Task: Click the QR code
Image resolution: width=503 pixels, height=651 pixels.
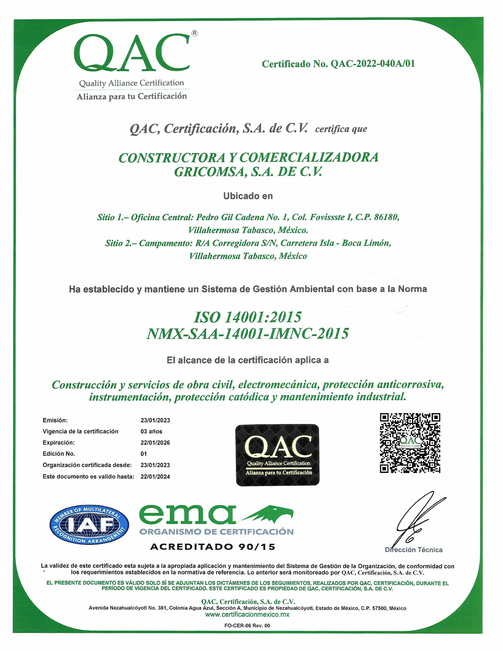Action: (x=410, y=443)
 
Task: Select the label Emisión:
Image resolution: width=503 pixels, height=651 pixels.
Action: (x=55, y=420)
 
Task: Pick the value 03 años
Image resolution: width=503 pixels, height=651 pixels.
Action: (x=151, y=431)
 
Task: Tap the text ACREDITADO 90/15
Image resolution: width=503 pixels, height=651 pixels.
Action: (x=213, y=547)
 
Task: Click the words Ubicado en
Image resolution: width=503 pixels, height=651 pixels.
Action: (x=248, y=196)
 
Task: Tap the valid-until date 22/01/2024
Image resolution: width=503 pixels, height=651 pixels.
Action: (x=155, y=477)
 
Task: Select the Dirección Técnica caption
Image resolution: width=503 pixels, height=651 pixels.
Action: (x=414, y=550)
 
